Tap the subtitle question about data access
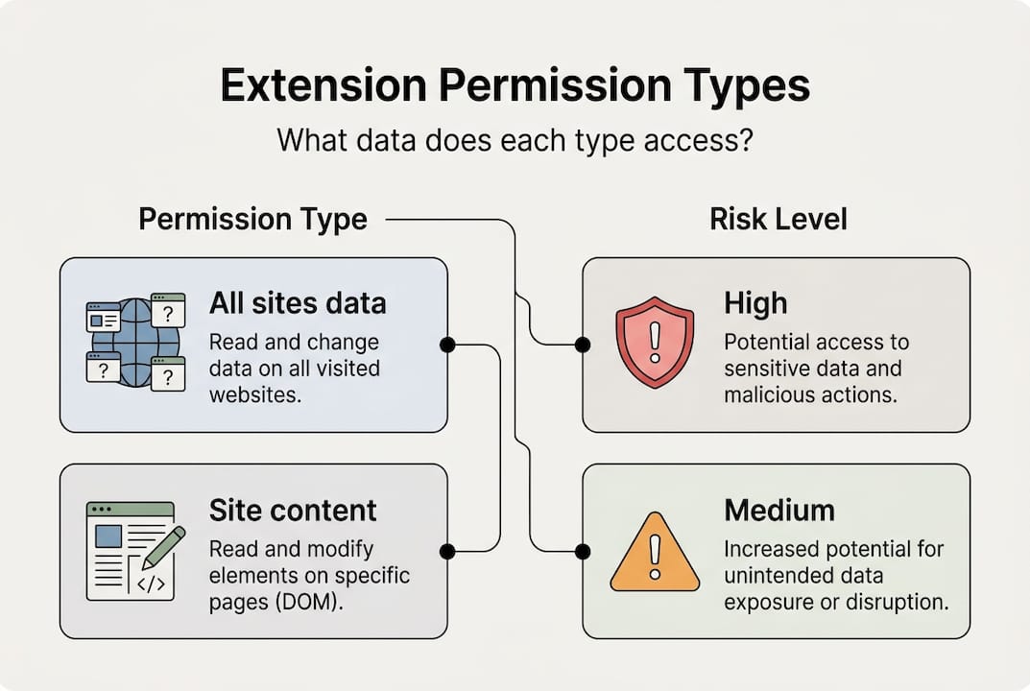pos(514,140)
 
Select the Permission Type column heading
pos(252,219)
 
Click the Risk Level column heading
pos(778,219)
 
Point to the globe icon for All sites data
pos(135,342)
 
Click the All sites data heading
pos(298,304)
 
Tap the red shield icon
pos(655,341)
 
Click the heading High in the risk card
pos(755,304)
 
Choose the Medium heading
pos(779,510)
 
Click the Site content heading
pos(293,510)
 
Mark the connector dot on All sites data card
pos(446,345)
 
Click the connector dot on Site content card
pos(446,551)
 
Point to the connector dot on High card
pos(582,345)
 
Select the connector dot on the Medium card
pos(582,551)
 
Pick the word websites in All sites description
pos(255,394)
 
